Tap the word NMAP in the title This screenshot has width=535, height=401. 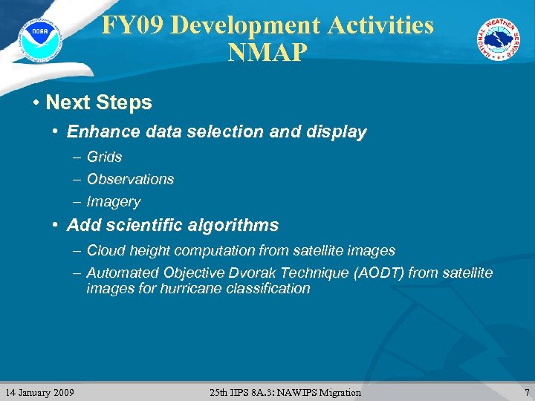(267, 53)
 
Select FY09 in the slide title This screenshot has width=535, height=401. (132, 25)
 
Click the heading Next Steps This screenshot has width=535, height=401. (98, 102)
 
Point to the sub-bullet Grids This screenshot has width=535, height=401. (104, 157)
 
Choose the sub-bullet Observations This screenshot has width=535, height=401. (130, 179)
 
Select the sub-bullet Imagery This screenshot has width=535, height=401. (113, 201)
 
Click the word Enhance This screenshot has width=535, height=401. (97, 132)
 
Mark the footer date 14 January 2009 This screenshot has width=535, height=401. (39, 392)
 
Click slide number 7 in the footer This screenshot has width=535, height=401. (527, 392)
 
